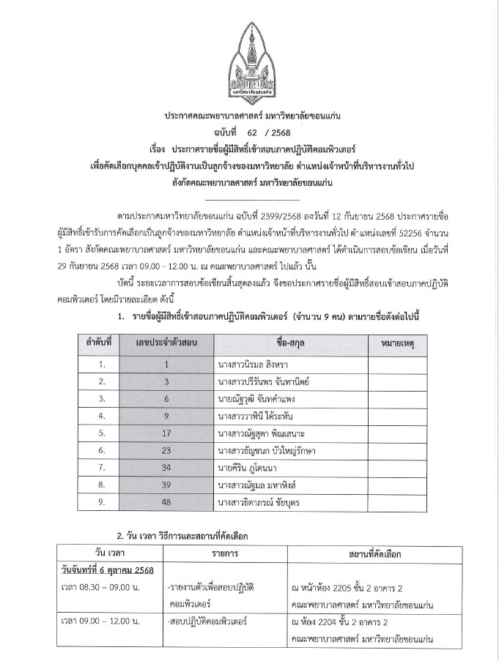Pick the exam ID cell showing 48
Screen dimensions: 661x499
point(166,501)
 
